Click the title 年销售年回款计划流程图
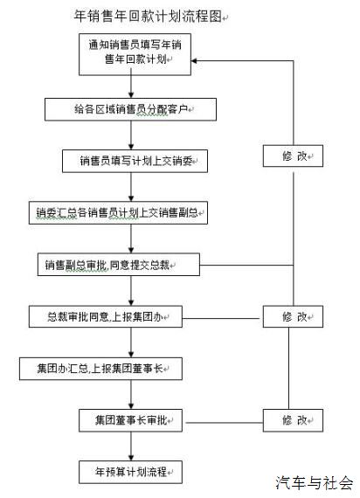pos(148,17)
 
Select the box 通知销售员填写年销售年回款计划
pos(135,54)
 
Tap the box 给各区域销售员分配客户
pos(130,109)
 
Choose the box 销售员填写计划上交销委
pos(135,161)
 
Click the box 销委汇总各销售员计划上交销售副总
pos(118,213)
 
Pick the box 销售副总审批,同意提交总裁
pos(119,265)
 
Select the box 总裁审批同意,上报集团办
pos(106,316)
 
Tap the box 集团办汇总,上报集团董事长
pos(100,369)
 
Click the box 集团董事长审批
pos(130,420)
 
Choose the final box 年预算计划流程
pos(130,472)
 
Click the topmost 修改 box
pos(293,156)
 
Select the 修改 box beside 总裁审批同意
pos(293,316)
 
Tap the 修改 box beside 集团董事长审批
pos(293,420)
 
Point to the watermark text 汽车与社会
pos(315,483)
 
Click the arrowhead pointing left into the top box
pos(194,60)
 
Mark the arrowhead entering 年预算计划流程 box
pos(131,458)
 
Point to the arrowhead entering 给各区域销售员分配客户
pos(131,95)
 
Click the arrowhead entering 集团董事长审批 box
pos(131,406)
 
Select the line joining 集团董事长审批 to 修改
pos(225,423)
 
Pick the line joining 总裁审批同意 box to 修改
pos(221,318)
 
